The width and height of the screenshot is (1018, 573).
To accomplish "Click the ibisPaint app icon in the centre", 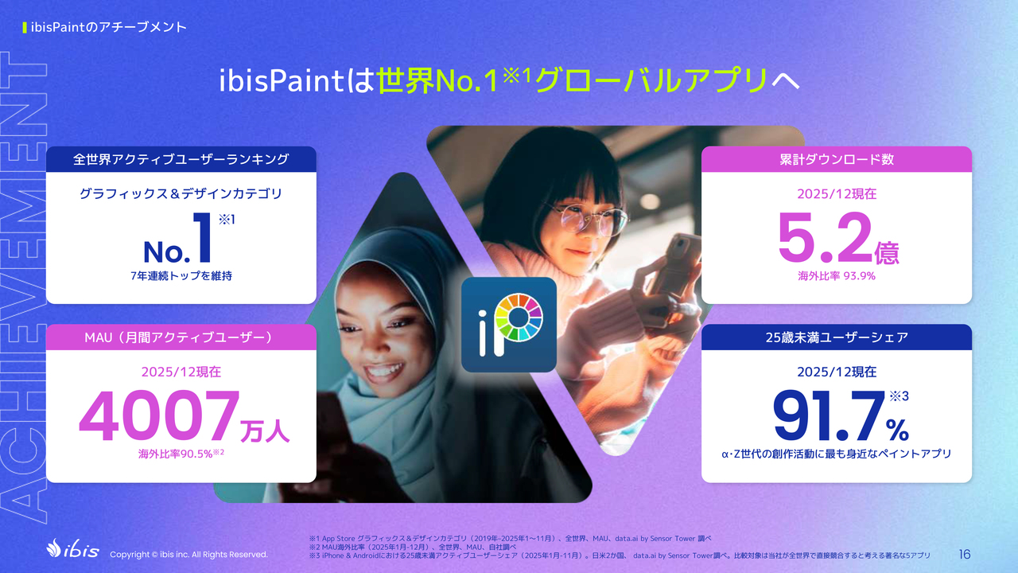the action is (x=508, y=325).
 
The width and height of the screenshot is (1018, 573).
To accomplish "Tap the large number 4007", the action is (x=160, y=415).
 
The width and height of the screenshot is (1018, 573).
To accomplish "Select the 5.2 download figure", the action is (x=825, y=238).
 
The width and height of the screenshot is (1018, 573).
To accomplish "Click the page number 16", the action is (x=965, y=555).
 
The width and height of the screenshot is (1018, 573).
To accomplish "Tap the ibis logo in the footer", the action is (x=72, y=549).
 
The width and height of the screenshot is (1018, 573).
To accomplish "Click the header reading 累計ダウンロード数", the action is (x=837, y=159).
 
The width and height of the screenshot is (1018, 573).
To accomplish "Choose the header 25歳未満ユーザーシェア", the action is (x=837, y=337).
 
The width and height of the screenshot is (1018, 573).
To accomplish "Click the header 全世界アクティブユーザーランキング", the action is (x=181, y=159).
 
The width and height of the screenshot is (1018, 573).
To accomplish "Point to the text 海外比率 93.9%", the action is (x=837, y=276).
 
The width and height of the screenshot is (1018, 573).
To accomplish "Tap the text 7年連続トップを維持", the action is (x=181, y=276).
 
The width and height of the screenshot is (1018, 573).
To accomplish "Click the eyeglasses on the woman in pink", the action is (x=586, y=218).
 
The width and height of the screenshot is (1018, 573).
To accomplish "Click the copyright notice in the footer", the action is (x=188, y=555).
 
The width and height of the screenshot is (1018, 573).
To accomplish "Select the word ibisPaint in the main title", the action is (x=282, y=81).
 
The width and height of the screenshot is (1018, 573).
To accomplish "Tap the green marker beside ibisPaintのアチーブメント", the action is (x=25, y=28).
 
